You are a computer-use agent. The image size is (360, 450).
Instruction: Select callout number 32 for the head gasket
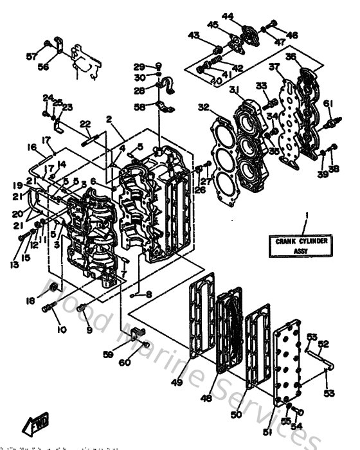(204, 107)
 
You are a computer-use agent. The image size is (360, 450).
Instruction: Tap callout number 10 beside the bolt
(62, 330)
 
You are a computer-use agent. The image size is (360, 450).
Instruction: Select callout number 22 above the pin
(85, 124)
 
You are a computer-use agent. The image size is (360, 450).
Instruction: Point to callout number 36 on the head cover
(291, 57)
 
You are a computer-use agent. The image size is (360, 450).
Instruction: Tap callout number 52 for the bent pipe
(325, 343)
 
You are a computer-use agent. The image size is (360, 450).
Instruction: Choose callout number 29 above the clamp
(138, 67)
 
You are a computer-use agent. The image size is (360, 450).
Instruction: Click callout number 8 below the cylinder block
(149, 294)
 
